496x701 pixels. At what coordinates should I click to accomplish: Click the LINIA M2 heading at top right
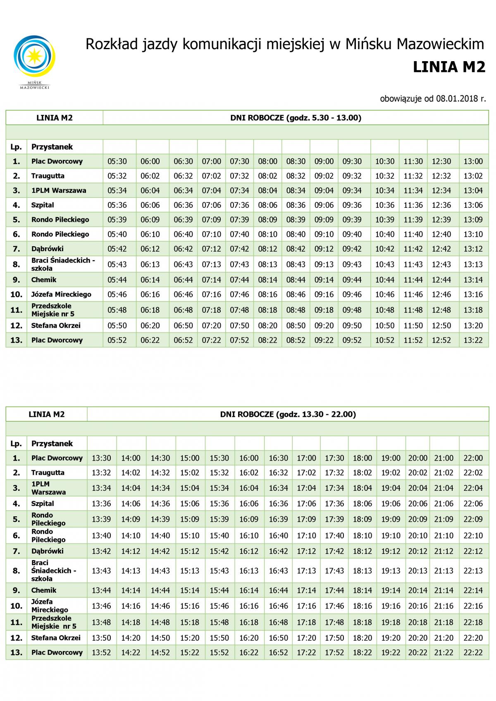coord(449,67)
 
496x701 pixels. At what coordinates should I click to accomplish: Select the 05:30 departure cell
coord(117,162)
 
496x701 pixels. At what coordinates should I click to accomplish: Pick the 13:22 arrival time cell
coord(473,340)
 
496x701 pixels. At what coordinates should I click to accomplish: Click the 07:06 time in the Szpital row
coord(211,205)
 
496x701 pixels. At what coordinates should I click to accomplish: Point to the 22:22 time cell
coord(473,653)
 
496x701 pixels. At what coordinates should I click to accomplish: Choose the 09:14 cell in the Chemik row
coord(324,280)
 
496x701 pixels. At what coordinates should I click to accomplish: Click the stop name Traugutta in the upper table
coord(48,176)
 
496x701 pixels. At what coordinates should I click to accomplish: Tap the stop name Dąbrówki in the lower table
coord(48,551)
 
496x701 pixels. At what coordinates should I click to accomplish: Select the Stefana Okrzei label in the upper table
coord(56,326)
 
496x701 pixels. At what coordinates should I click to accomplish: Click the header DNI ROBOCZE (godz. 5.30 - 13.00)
coord(296,118)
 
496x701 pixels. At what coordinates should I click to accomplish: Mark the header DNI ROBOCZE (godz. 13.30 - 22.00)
coord(288,414)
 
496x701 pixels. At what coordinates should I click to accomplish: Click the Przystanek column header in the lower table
coord(52,444)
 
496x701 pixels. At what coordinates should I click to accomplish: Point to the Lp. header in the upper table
coord(16,147)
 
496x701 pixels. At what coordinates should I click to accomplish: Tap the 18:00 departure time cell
coord(362,458)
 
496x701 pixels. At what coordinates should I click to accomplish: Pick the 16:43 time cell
coord(278,571)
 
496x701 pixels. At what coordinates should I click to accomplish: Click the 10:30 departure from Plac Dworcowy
coord(384,162)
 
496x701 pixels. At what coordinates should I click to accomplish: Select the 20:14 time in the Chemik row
coord(417,591)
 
